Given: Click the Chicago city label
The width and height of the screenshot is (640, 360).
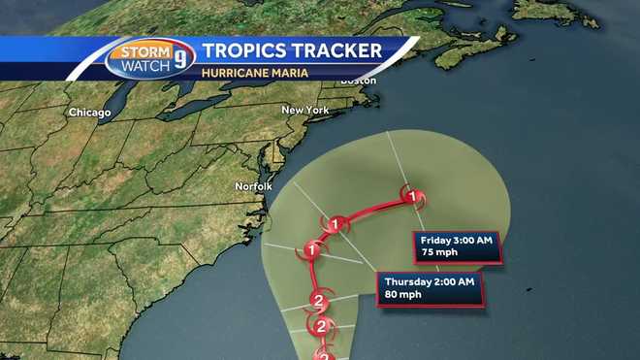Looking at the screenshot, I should pos(89,113).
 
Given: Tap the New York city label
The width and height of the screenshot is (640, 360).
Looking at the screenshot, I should pos(304,111).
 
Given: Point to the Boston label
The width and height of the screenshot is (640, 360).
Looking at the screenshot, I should pos(358,81).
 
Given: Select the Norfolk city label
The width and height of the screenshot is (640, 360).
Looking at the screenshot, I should pos(254,185).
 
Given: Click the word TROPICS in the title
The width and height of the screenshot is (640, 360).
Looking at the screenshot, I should pos(243,51).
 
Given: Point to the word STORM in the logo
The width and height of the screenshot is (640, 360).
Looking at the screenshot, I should pos(142,51).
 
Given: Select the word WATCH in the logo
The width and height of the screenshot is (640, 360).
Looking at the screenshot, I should pos(142,66).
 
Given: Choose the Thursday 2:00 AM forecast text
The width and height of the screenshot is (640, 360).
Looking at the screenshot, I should pos(429,281).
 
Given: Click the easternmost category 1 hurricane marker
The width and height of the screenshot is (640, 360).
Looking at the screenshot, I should pos(414,198).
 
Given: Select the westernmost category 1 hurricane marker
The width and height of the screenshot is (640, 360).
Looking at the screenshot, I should pos(312,249).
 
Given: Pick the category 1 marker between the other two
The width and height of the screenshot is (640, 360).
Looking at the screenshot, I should pos(336,225).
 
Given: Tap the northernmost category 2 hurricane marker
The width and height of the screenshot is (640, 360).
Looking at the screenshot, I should pos(317,299).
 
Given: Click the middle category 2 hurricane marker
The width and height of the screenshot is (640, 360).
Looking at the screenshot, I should pos(320,327).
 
